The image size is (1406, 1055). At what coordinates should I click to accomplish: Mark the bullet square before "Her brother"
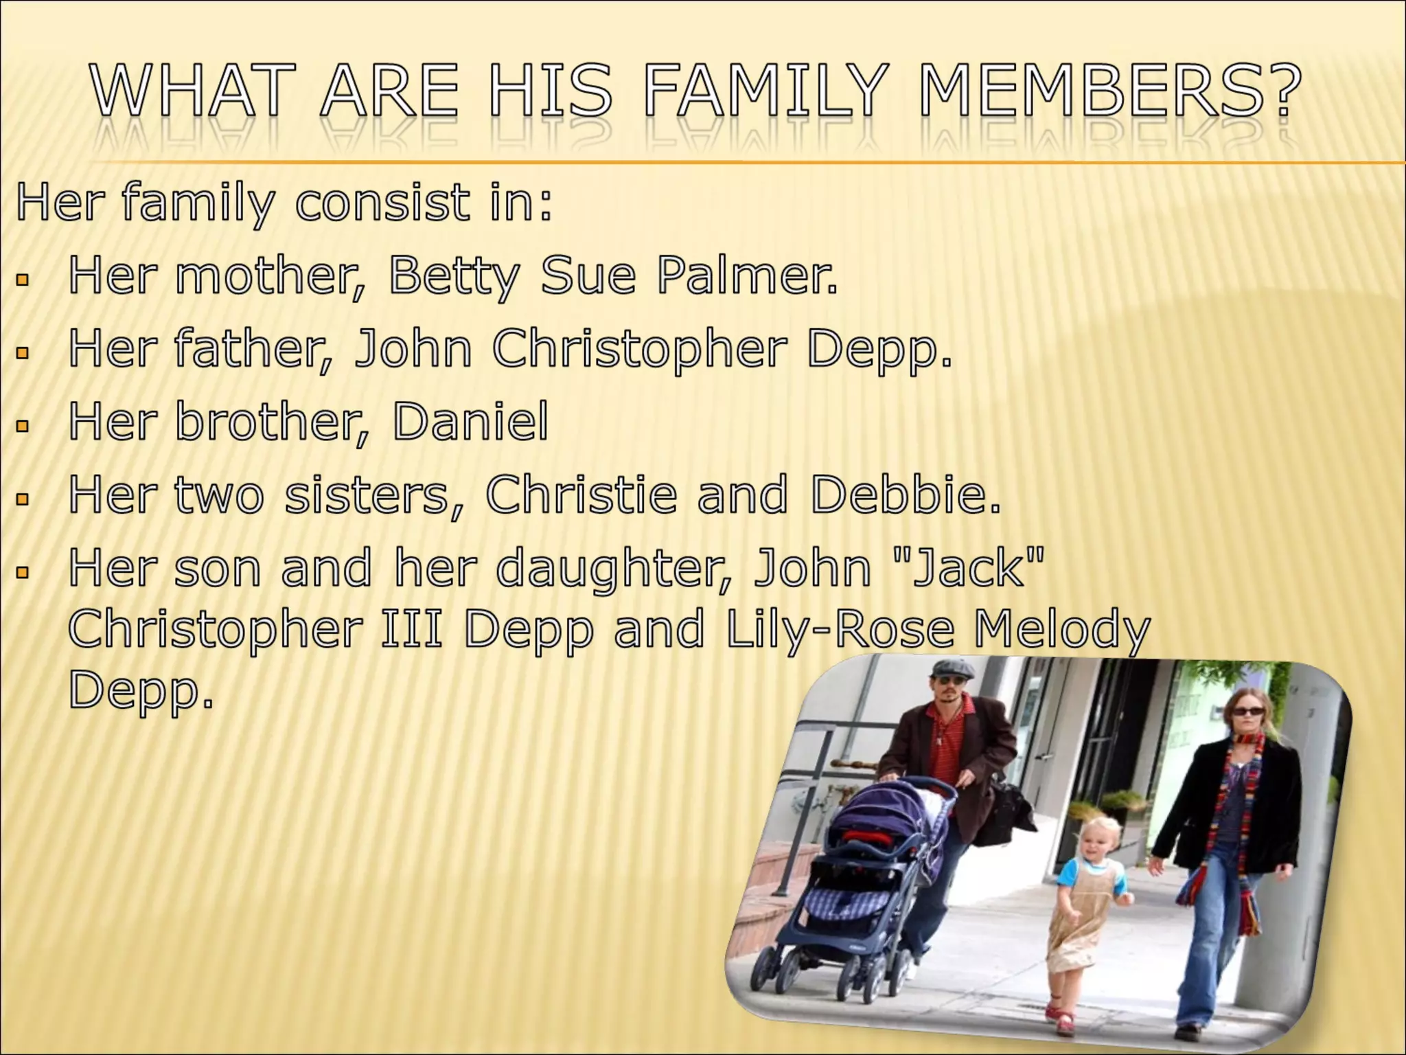tap(23, 427)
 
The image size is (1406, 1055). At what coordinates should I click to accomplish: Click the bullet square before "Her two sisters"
tap(23, 499)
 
